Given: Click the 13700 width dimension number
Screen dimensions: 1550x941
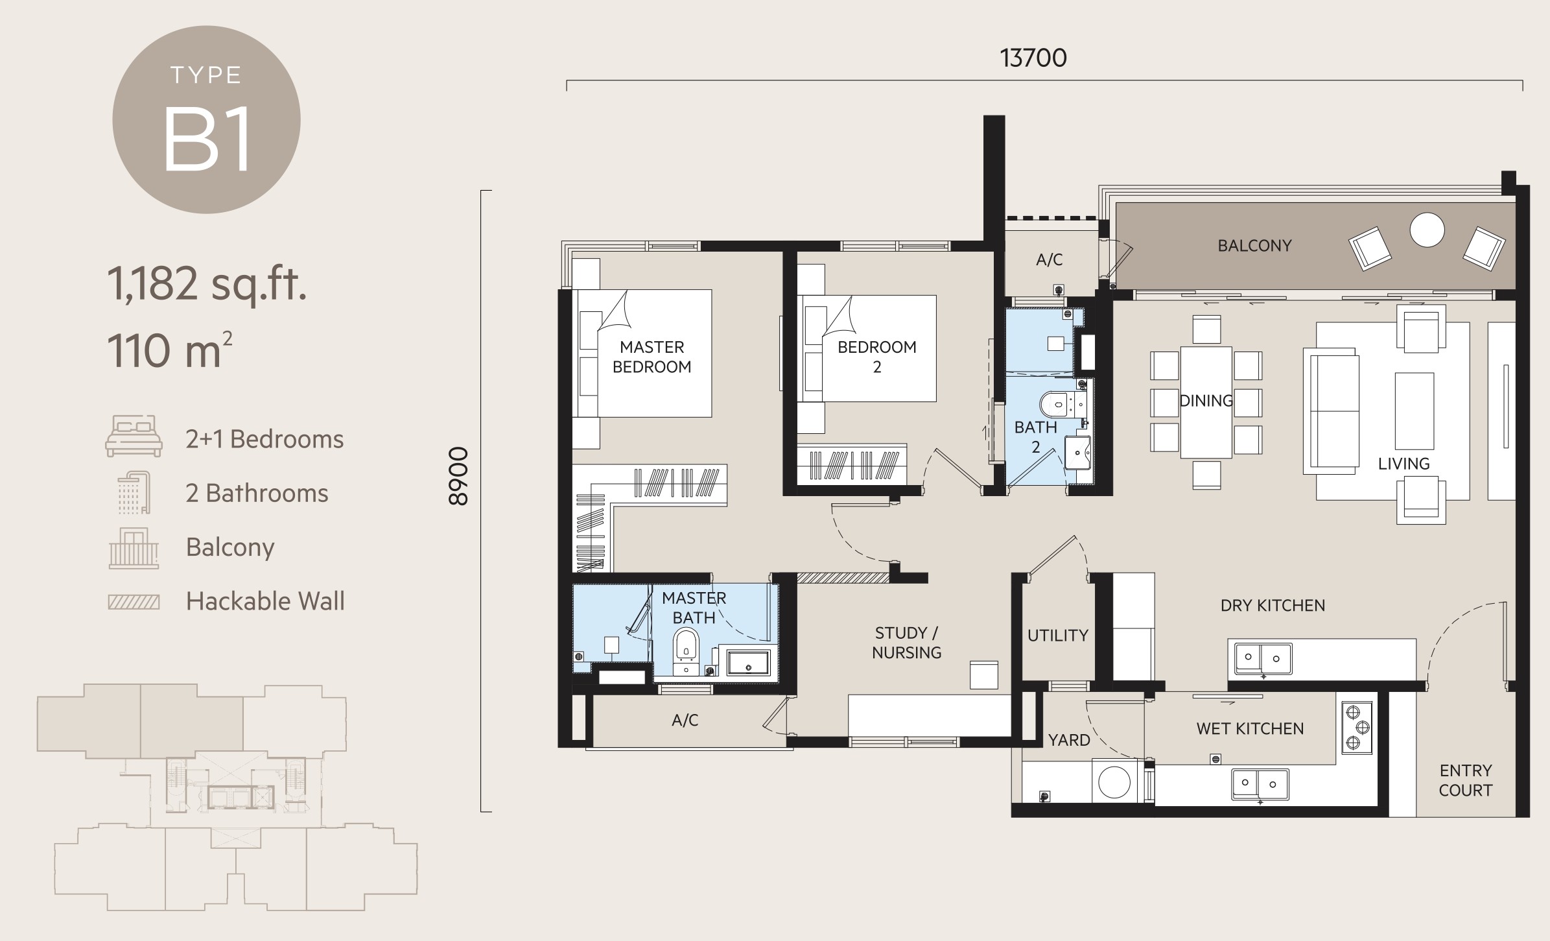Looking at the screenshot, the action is [x=1033, y=58].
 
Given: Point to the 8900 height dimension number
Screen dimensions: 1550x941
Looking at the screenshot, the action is [x=458, y=476].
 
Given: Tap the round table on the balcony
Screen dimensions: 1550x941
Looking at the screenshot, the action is [x=1427, y=230].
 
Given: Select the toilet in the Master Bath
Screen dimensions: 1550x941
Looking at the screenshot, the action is [x=686, y=645].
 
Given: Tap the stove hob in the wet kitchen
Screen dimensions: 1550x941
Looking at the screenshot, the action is [x=1357, y=728].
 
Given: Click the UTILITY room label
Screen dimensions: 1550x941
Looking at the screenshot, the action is [x=1058, y=636].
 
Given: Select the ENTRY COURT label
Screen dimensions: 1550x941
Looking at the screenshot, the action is [x=1466, y=780].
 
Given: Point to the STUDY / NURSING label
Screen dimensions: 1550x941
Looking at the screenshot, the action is [x=906, y=643].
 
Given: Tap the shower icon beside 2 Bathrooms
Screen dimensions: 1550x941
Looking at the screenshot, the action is [x=134, y=492].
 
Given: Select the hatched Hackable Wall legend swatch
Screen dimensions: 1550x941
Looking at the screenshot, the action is [x=134, y=602].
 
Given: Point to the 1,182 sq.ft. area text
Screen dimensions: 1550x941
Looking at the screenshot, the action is [x=207, y=284].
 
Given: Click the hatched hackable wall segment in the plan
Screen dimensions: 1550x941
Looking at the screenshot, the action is [x=843, y=578].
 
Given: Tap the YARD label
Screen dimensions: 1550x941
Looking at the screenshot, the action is [x=1069, y=740].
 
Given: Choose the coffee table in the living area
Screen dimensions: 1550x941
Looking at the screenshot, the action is [x=1415, y=411].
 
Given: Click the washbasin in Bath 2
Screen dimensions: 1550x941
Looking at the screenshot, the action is [x=1077, y=452].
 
